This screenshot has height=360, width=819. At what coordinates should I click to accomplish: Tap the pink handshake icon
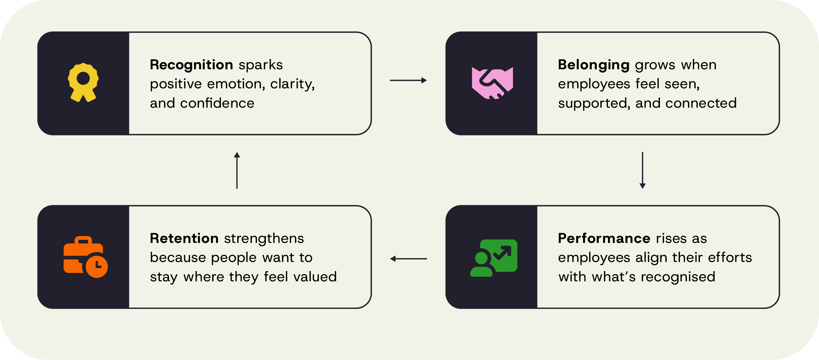(x=492, y=83)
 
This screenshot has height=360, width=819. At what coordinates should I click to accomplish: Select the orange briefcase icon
(x=86, y=257)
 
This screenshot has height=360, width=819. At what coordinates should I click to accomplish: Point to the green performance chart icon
(x=494, y=258)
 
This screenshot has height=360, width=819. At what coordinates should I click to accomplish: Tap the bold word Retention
(x=184, y=238)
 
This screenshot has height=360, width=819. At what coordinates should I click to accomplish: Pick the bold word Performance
(x=604, y=238)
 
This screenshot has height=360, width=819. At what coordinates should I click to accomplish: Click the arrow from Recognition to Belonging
(x=408, y=80)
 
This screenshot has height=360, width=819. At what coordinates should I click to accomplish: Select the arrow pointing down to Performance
(x=642, y=170)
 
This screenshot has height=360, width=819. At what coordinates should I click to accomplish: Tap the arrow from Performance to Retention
(x=408, y=259)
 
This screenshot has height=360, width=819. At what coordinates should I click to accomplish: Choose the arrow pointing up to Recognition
(x=237, y=170)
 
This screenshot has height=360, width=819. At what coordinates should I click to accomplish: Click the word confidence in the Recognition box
(x=217, y=103)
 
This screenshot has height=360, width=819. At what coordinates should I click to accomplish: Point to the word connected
(x=701, y=103)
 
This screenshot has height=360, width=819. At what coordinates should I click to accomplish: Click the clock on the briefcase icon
(x=97, y=266)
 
